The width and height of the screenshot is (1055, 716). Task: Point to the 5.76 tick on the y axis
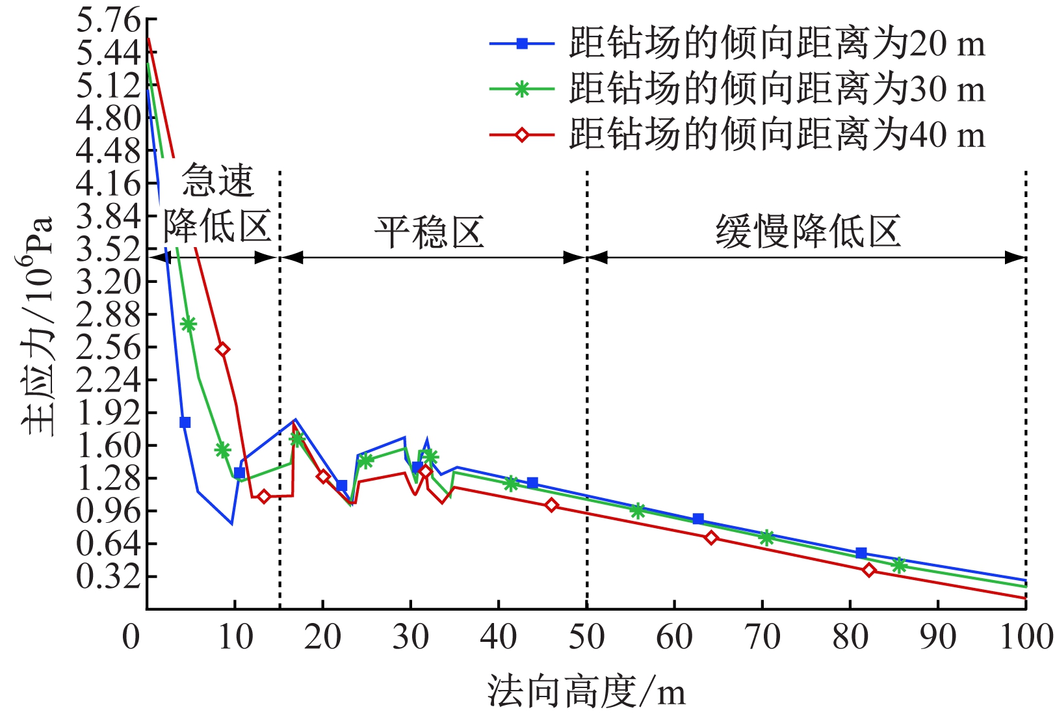click(108, 20)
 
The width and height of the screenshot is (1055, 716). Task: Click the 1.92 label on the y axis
click(108, 412)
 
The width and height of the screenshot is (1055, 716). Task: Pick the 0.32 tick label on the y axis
click(108, 576)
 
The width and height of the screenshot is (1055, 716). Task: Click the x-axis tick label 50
click(586, 637)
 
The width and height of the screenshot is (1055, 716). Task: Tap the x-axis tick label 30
click(410, 637)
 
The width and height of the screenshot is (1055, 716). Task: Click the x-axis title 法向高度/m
click(586, 692)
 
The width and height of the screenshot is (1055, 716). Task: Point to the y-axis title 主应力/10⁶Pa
click(36, 325)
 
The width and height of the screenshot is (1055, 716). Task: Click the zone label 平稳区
click(430, 232)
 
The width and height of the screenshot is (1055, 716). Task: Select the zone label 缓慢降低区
click(808, 232)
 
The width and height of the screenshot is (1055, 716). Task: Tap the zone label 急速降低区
click(216, 205)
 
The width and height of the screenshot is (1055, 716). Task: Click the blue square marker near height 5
click(185, 422)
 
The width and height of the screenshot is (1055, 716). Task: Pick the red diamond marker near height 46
click(551, 505)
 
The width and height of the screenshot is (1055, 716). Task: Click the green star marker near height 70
click(766, 538)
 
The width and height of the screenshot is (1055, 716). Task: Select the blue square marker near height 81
click(861, 553)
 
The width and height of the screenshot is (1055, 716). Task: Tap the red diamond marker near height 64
click(711, 538)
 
